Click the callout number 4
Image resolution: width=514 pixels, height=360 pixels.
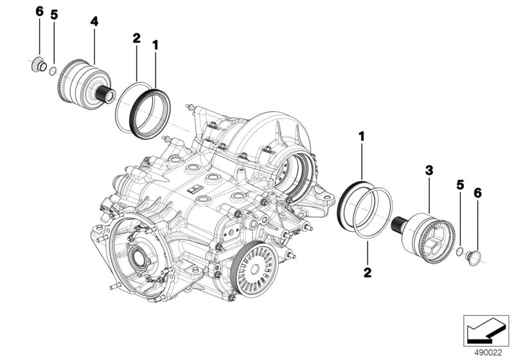[x=94, y=21]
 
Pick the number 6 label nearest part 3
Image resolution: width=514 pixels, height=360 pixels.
[x=477, y=192]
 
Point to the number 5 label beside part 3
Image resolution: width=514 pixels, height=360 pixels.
[x=460, y=184]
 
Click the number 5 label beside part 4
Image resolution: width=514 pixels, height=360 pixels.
[x=54, y=15]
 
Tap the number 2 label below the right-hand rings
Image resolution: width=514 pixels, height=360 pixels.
[x=367, y=273]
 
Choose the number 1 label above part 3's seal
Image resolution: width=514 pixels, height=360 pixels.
[x=361, y=136]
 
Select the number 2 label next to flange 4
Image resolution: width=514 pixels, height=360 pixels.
[x=136, y=39]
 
